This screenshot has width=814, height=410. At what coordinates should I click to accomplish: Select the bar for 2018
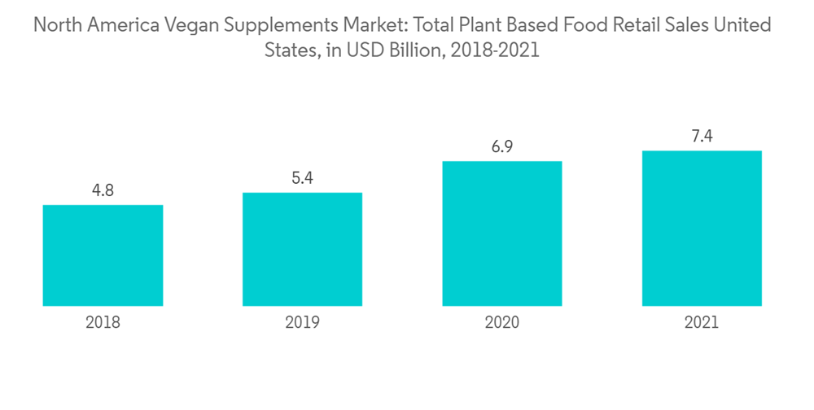103,255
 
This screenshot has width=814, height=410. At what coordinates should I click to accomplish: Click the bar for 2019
302,249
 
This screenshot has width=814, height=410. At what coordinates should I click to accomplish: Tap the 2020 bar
501,233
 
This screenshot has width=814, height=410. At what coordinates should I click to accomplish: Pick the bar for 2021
701,228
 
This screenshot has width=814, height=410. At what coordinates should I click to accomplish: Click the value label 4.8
103,191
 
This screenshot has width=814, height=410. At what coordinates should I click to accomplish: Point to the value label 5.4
302,179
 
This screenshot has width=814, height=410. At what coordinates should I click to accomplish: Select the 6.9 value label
501,147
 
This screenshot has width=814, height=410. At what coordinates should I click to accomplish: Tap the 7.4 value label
701,137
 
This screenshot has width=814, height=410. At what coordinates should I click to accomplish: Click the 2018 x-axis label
103,322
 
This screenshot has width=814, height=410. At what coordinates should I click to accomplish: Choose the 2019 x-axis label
302,322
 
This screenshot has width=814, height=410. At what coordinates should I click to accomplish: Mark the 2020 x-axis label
501,322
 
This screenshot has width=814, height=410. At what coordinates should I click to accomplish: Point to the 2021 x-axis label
701,322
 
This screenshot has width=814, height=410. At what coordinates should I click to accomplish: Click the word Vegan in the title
193,26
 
